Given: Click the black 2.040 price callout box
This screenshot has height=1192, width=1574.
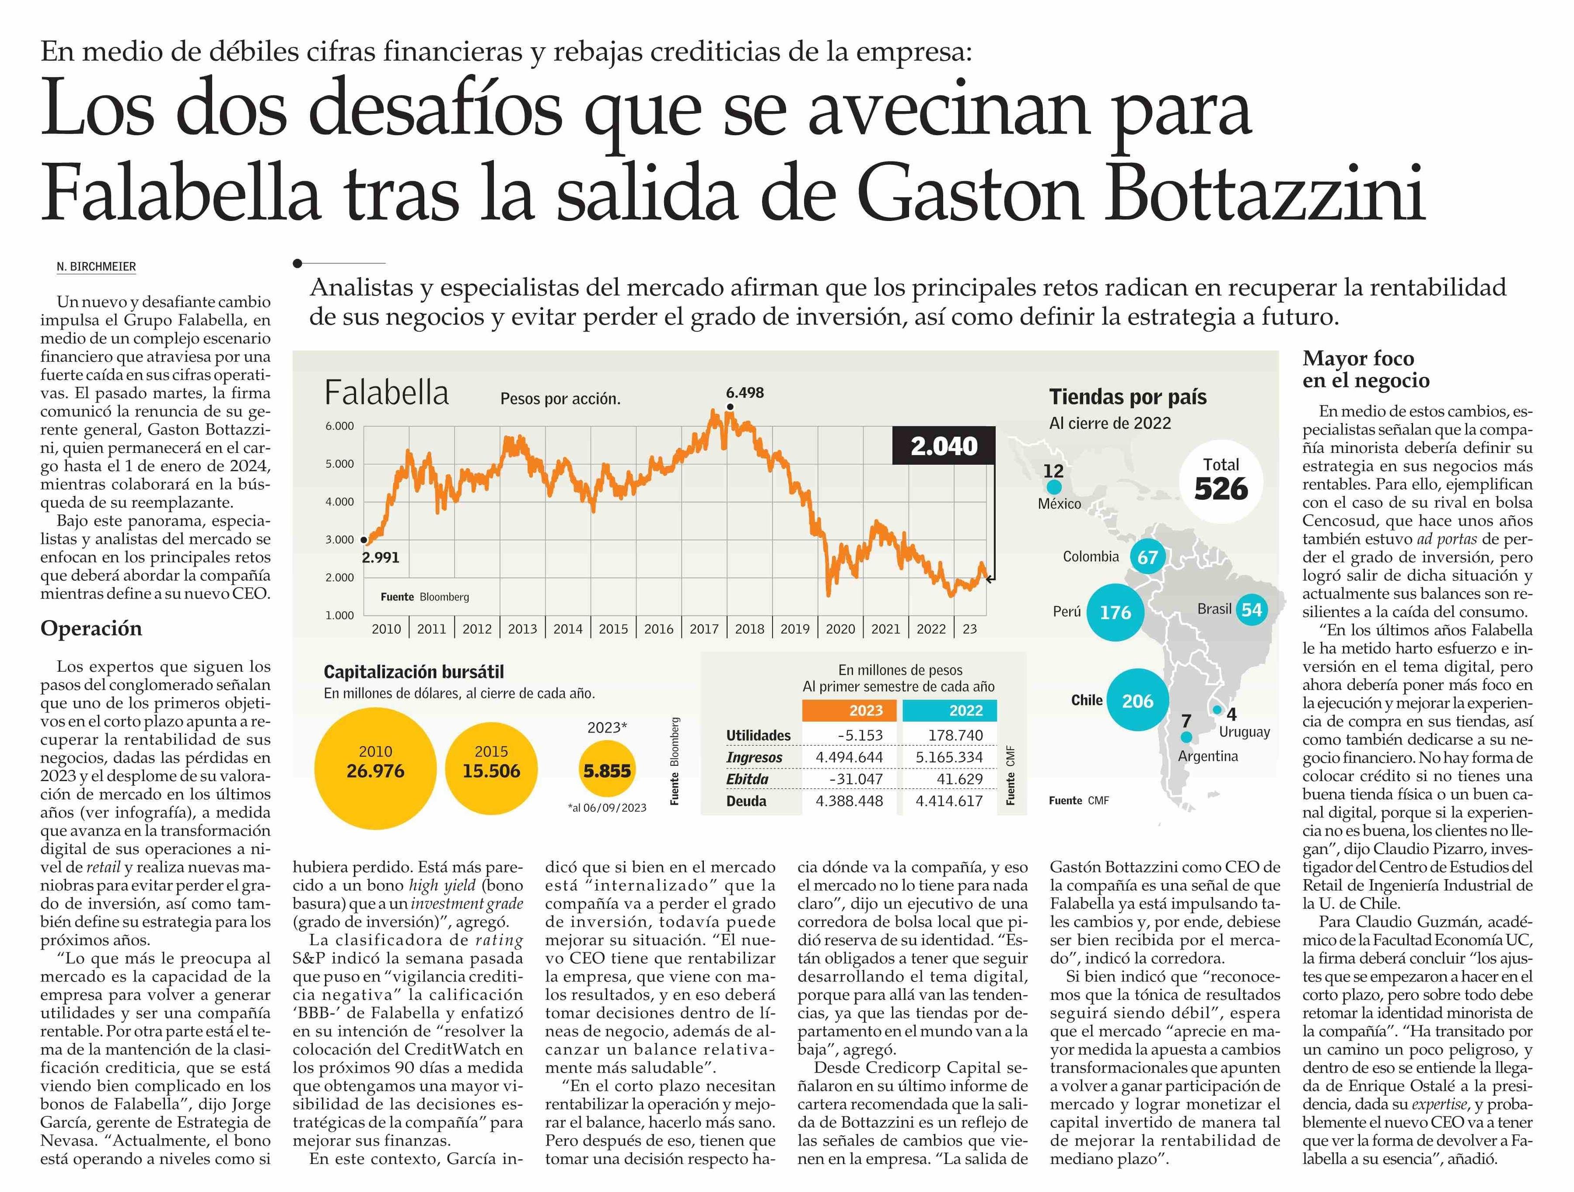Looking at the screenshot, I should coord(944,446).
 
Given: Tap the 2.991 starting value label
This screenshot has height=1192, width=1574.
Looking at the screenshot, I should coord(381,557).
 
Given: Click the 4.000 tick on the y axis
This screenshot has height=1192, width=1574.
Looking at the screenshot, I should coord(339,502).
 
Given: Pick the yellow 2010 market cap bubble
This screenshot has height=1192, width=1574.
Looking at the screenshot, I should coord(375,768).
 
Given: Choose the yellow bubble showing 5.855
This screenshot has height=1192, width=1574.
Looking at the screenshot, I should coord(607,770).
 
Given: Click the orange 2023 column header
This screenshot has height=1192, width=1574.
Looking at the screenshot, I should coord(850,710).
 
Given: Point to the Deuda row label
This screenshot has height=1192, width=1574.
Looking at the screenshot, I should coord(746,801).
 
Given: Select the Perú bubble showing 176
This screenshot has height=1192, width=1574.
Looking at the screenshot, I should coord(1115,613).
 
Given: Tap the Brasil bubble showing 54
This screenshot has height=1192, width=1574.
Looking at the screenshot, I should coord(1251,610).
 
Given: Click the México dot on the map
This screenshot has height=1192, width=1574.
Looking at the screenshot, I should coord(1054,487).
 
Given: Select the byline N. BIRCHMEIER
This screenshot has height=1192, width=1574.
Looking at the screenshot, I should coord(96,267).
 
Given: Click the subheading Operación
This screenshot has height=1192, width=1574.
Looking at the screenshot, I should coord(91,628).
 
